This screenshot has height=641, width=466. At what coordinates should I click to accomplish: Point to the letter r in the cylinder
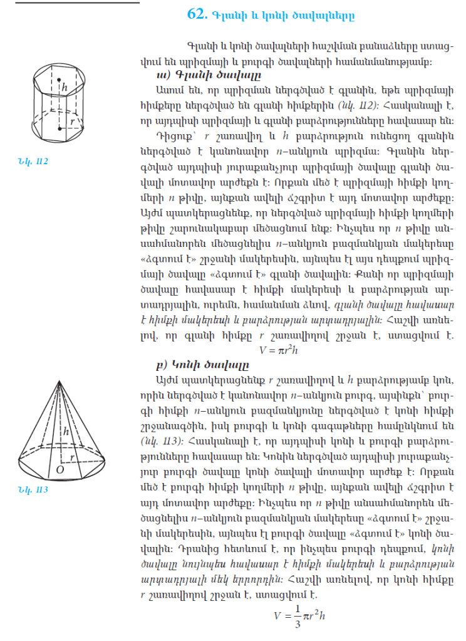click(74, 120)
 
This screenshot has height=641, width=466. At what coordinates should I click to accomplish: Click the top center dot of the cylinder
click(60, 80)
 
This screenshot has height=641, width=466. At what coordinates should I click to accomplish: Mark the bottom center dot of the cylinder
click(60, 128)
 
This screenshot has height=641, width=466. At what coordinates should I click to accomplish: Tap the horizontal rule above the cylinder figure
click(69, 3)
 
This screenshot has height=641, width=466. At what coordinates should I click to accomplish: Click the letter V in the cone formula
click(277, 616)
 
